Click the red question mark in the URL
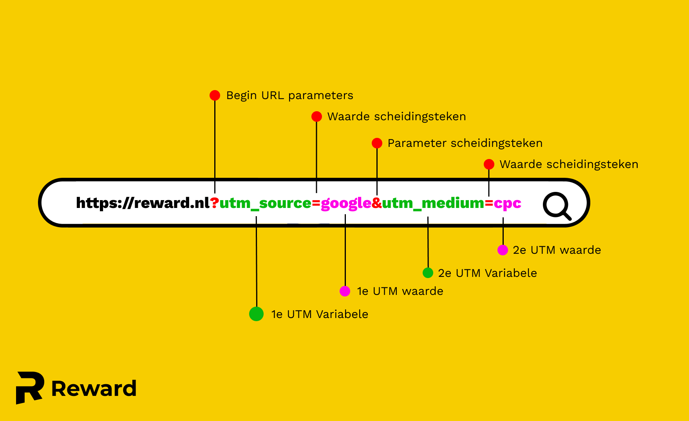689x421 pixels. point(215,203)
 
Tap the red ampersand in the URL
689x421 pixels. point(377,203)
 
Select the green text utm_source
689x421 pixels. point(265,203)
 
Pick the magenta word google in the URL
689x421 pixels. point(346,203)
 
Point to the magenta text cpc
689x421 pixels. point(507,203)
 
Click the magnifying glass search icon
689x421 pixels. point(557,205)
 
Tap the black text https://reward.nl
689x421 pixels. point(143,203)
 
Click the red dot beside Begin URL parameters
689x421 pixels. point(215,95)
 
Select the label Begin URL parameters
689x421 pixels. point(289,96)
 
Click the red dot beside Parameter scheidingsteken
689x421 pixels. point(377,143)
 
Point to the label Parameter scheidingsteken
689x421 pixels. point(465,143)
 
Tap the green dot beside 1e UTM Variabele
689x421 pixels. point(256,314)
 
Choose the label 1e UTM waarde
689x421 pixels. point(400,291)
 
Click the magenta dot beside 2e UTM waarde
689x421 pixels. point(503,250)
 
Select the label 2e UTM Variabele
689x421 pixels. point(487,273)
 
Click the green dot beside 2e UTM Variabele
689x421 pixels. point(428,273)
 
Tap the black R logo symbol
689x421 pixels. point(30,387)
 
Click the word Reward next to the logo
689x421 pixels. point(94,388)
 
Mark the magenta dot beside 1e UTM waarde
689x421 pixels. point(345,291)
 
